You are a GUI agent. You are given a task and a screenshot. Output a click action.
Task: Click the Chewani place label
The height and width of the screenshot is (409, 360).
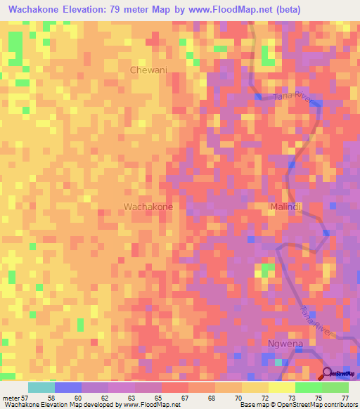[148, 70]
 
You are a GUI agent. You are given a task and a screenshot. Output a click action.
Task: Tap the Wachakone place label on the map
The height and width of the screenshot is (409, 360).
[148, 207]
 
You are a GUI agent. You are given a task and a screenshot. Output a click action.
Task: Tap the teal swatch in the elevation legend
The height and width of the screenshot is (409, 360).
[41, 387]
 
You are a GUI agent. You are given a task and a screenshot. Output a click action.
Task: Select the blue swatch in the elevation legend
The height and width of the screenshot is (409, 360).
[67, 387]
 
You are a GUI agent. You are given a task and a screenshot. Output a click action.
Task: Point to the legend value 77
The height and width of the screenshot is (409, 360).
[345, 397]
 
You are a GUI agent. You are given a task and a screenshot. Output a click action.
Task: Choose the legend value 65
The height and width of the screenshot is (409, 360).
[157, 397]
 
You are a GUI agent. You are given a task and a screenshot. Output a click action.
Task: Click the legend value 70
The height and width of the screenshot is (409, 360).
[238, 397]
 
